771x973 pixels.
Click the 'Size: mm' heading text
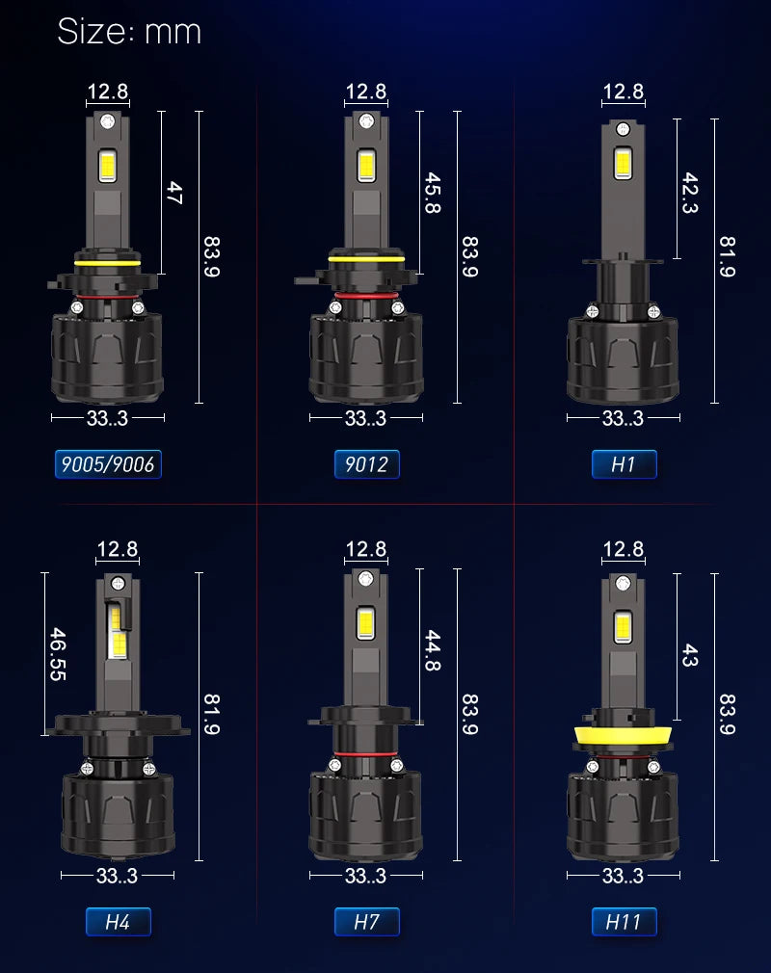tap(129, 31)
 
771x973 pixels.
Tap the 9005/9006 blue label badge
tap(108, 464)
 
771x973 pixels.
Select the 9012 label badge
tap(366, 464)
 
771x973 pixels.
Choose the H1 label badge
tap(624, 464)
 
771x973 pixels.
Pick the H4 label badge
tap(118, 922)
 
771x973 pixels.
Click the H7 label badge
tap(366, 922)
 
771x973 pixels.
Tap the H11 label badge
tap(624, 922)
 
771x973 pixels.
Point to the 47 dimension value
tap(174, 193)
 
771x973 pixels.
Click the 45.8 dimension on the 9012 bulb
tap(433, 193)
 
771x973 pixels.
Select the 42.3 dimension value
tap(690, 193)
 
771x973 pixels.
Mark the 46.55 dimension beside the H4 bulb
tap(58, 654)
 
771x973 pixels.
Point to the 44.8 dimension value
tap(433, 650)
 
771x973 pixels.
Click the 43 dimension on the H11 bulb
tap(690, 655)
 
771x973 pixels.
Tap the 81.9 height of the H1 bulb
tap(728, 256)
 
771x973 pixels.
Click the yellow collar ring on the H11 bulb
tap(623, 736)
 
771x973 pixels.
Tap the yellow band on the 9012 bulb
tap(366, 259)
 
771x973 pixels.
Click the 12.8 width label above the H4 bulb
tap(118, 548)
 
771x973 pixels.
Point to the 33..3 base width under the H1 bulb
tap(623, 418)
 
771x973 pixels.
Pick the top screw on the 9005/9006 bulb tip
tap(108, 121)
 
